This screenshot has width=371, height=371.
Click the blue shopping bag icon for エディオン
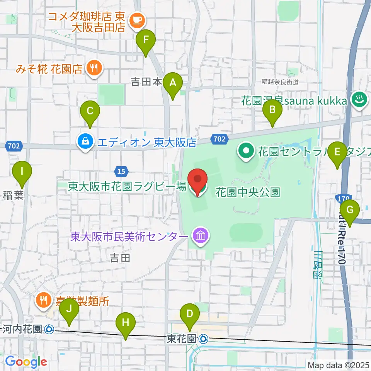(84, 142)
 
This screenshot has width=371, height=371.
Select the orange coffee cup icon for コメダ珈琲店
(136, 19)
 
